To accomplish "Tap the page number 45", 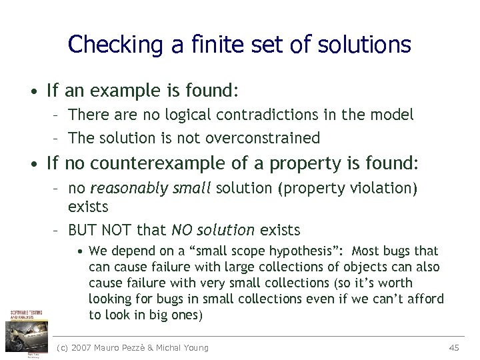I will point(455,347).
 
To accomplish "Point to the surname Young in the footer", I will point(195,347).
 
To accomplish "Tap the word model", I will point(395,115).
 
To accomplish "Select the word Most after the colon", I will point(365,251).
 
